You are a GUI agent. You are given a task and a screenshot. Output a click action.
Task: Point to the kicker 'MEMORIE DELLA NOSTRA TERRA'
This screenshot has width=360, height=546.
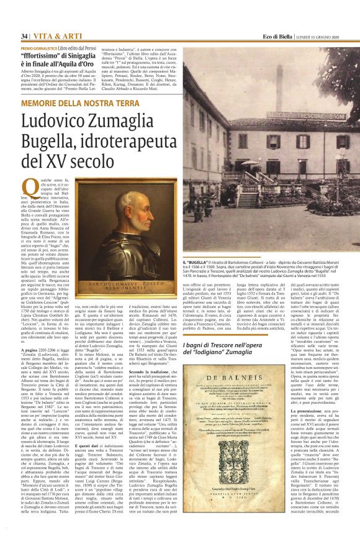point(80,102)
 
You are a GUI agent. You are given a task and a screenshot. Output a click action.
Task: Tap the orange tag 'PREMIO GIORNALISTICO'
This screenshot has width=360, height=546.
point(41,48)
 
